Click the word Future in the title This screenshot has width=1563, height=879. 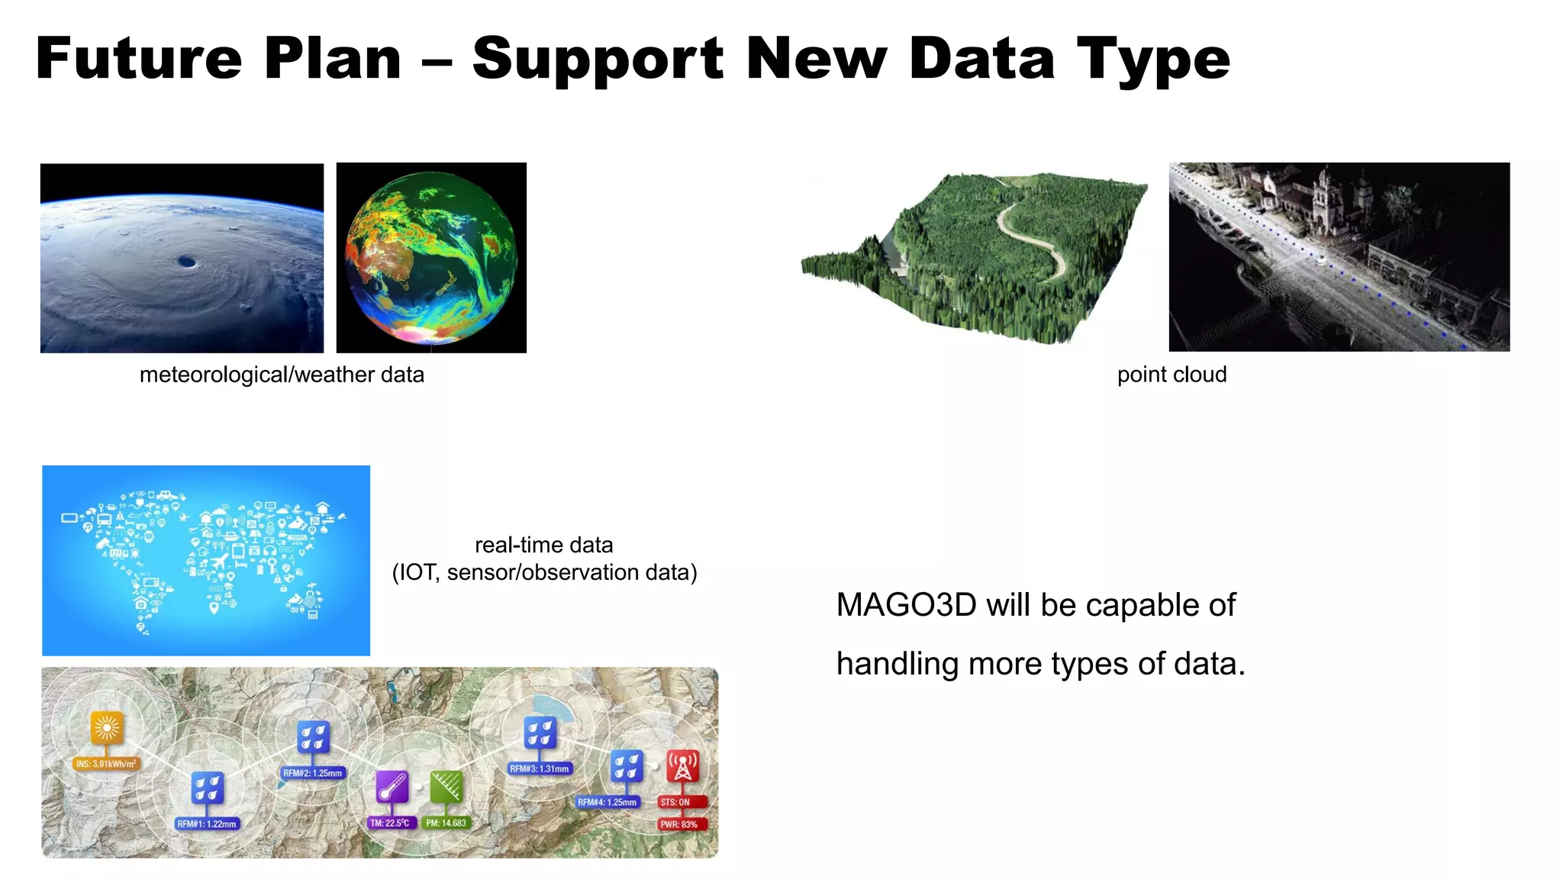(139, 60)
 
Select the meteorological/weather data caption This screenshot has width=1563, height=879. (282, 375)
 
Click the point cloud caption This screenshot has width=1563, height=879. (1171, 375)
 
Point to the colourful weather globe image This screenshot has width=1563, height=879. (431, 258)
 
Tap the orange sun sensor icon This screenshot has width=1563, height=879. (107, 727)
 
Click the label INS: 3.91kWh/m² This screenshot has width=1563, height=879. (106, 764)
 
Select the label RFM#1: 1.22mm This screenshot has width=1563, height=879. (207, 824)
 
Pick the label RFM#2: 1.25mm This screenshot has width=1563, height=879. (313, 773)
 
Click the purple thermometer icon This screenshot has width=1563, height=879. (392, 787)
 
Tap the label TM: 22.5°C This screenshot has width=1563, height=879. (391, 823)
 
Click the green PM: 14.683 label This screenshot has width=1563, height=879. (446, 823)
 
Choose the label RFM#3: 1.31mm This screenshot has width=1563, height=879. (540, 769)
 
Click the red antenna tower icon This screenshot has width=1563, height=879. (682, 766)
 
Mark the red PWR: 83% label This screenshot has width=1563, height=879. (679, 825)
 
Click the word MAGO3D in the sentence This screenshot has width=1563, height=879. (906, 605)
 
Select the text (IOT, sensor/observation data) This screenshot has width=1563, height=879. (544, 572)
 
